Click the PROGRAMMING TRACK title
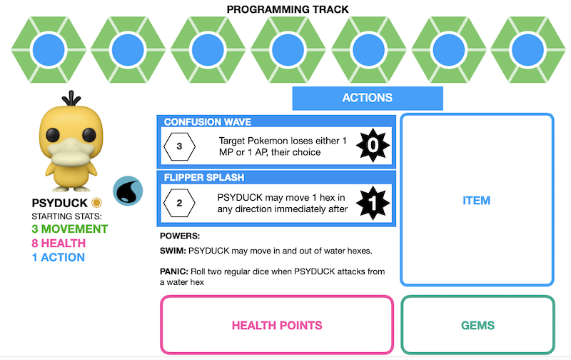tap(288, 9)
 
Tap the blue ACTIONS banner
tap(368, 98)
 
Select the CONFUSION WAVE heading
tap(207, 122)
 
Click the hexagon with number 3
tap(179, 146)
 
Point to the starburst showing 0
tap(372, 146)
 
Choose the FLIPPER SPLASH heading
tap(203, 177)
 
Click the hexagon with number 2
tap(179, 203)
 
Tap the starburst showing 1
tap(372, 203)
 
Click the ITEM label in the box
tap(476, 200)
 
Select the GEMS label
tap(477, 325)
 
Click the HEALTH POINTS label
tap(277, 325)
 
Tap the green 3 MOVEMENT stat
tap(69, 229)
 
